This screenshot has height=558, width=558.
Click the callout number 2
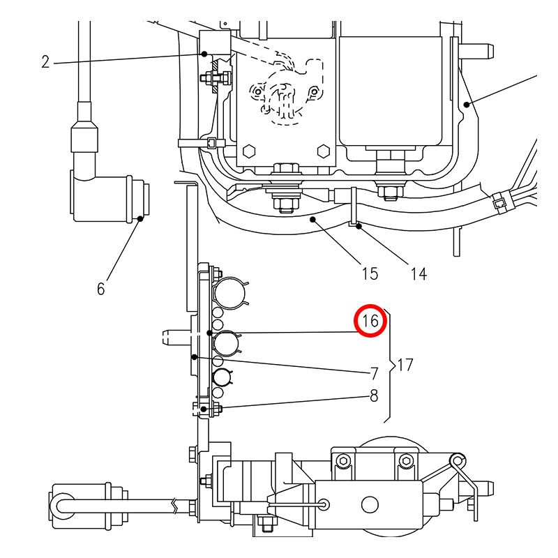point(45,62)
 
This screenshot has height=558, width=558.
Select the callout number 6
point(101,289)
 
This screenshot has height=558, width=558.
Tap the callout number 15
point(370,273)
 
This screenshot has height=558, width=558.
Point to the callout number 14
point(418,274)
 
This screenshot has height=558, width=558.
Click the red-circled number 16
point(370,321)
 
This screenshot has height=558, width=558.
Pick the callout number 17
point(405,365)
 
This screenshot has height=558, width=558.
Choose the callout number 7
point(374,374)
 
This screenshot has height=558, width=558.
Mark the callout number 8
point(374,395)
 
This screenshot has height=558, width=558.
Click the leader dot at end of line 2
point(204,54)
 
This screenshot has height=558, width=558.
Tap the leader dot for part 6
point(140,218)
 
